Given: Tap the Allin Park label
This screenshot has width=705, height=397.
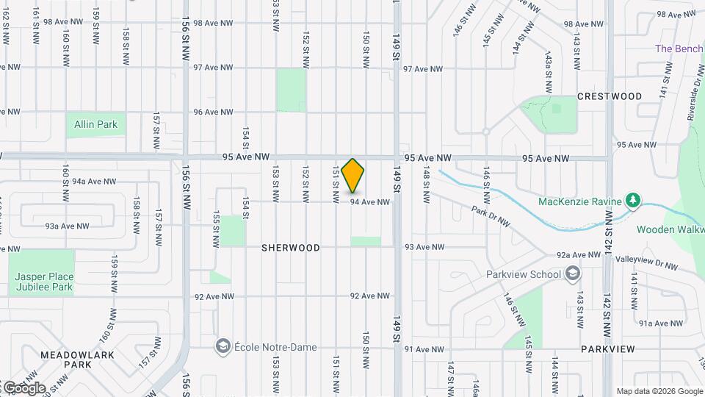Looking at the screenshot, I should [x=95, y=124].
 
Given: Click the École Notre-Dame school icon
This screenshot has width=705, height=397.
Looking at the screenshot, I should [x=222, y=346].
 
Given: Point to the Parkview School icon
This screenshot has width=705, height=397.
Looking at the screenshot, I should [x=573, y=274].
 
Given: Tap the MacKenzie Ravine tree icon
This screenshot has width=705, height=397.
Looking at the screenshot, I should [x=632, y=201].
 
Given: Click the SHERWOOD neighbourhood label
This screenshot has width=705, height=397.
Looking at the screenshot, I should [x=291, y=248].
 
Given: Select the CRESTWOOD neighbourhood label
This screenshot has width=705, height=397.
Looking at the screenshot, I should [x=610, y=96].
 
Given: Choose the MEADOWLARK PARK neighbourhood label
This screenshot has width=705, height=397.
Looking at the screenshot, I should [x=65, y=359].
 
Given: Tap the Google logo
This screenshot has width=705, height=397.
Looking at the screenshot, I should [x=23, y=387].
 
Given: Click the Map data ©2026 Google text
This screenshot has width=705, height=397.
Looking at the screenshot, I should [x=658, y=391].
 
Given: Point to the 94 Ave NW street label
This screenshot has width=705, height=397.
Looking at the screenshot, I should [x=369, y=202].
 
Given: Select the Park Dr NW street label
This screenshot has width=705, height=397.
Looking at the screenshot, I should [x=491, y=217].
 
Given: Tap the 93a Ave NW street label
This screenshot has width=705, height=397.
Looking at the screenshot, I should [x=67, y=226].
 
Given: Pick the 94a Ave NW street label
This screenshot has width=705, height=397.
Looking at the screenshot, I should [x=95, y=181].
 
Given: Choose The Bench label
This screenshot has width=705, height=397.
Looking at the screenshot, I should [x=679, y=49].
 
